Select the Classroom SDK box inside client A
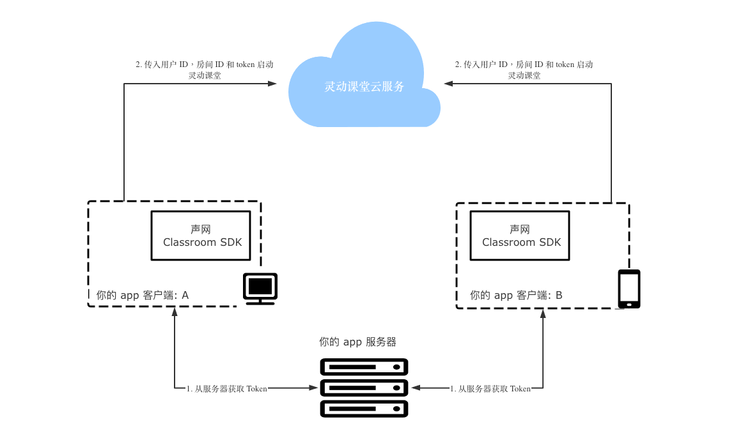pyautogui.click(x=200, y=236)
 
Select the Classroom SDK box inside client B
pyautogui.click(x=519, y=236)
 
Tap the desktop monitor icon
pyautogui.click(x=260, y=289)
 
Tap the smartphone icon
pyautogui.click(x=629, y=289)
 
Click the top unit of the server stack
pyautogui.click(x=364, y=367)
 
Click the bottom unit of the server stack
pyautogui.click(x=364, y=408)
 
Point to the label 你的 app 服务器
pyautogui.click(x=362, y=342)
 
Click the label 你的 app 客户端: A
pyautogui.click(x=143, y=296)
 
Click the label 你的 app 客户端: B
pyautogui.click(x=516, y=296)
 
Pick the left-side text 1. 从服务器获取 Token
pyautogui.click(x=227, y=388)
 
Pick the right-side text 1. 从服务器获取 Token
pyautogui.click(x=490, y=388)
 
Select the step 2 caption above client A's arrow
pyautogui.click(x=205, y=70)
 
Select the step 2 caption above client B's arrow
pyautogui.click(x=524, y=70)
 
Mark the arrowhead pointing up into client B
pyautogui.click(x=543, y=314)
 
